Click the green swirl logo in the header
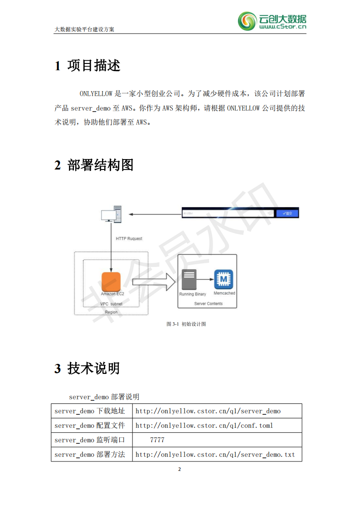pos(247,21)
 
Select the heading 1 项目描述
pos(88,66)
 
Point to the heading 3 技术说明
pos(88,368)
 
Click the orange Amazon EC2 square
pos(111,281)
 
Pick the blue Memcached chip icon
pos(224,280)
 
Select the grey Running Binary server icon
pos(189,280)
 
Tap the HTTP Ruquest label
pos(129,238)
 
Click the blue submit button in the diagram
pos(287,213)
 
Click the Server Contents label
pos(208,304)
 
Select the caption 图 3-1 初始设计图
pos(186,324)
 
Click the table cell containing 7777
pos(217,440)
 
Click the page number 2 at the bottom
pos(180,469)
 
